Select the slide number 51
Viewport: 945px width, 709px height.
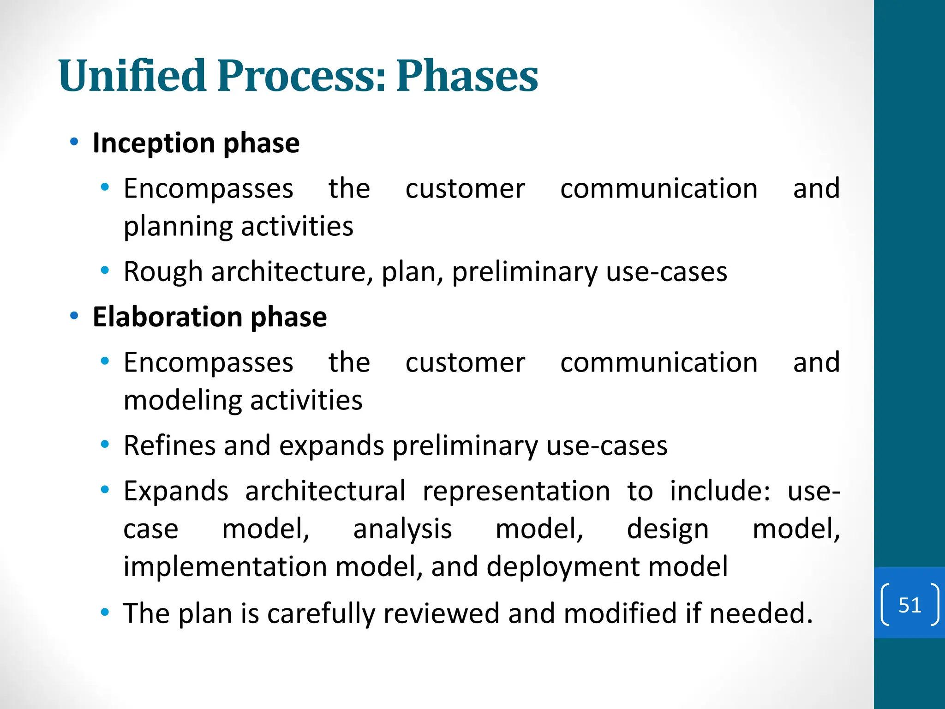pyautogui.click(x=909, y=605)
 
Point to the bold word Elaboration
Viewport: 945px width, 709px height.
pyautogui.click(x=167, y=317)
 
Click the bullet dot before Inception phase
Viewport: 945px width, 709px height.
pyautogui.click(x=74, y=142)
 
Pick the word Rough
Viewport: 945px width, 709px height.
pyautogui.click(x=162, y=272)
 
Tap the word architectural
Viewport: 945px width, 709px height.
pyautogui.click(x=325, y=491)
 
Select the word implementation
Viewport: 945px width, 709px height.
pyautogui.click(x=225, y=567)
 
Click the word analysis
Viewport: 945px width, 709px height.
pyautogui.click(x=402, y=529)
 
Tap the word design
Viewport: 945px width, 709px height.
pyautogui.click(x=667, y=529)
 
